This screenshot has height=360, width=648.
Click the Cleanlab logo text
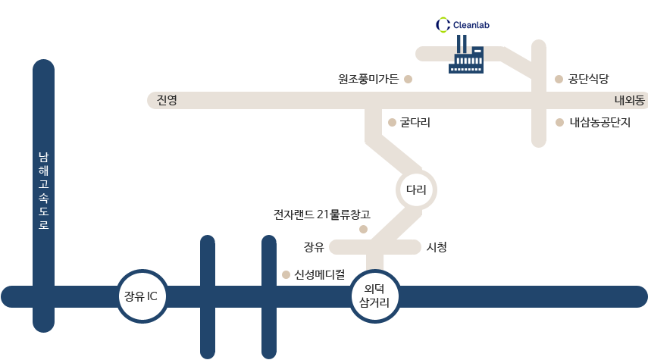point(471,25)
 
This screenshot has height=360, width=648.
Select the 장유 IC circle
point(142,296)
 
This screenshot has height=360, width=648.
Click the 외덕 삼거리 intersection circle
point(375,296)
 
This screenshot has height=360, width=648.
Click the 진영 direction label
point(167,101)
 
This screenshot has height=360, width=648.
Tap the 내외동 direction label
point(629,101)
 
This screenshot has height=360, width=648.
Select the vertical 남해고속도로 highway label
point(43,190)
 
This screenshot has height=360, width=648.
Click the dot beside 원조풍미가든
point(408,79)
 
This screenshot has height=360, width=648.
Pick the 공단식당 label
point(588,79)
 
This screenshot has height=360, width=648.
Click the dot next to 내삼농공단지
point(559,122)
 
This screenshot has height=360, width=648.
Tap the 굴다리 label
point(415,122)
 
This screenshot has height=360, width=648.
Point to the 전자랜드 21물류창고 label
point(322,214)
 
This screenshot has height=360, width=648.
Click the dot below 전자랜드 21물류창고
point(363,229)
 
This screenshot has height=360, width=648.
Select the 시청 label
point(437,247)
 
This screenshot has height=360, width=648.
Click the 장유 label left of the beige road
point(314,247)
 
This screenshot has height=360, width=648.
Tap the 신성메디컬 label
point(320,274)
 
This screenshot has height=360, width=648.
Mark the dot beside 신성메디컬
point(286,275)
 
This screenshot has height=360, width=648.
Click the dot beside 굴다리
point(392,122)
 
